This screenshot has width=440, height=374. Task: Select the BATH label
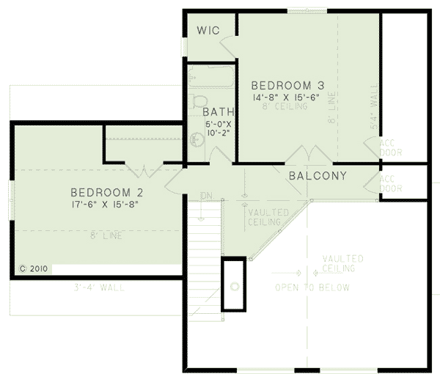tap(219, 111)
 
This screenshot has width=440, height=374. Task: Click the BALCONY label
tap(318, 176)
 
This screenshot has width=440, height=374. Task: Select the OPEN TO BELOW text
tap(312, 287)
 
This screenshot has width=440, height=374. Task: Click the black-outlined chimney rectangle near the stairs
tap(234, 285)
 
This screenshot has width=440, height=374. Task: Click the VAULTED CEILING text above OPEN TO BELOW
tap(343, 263)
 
